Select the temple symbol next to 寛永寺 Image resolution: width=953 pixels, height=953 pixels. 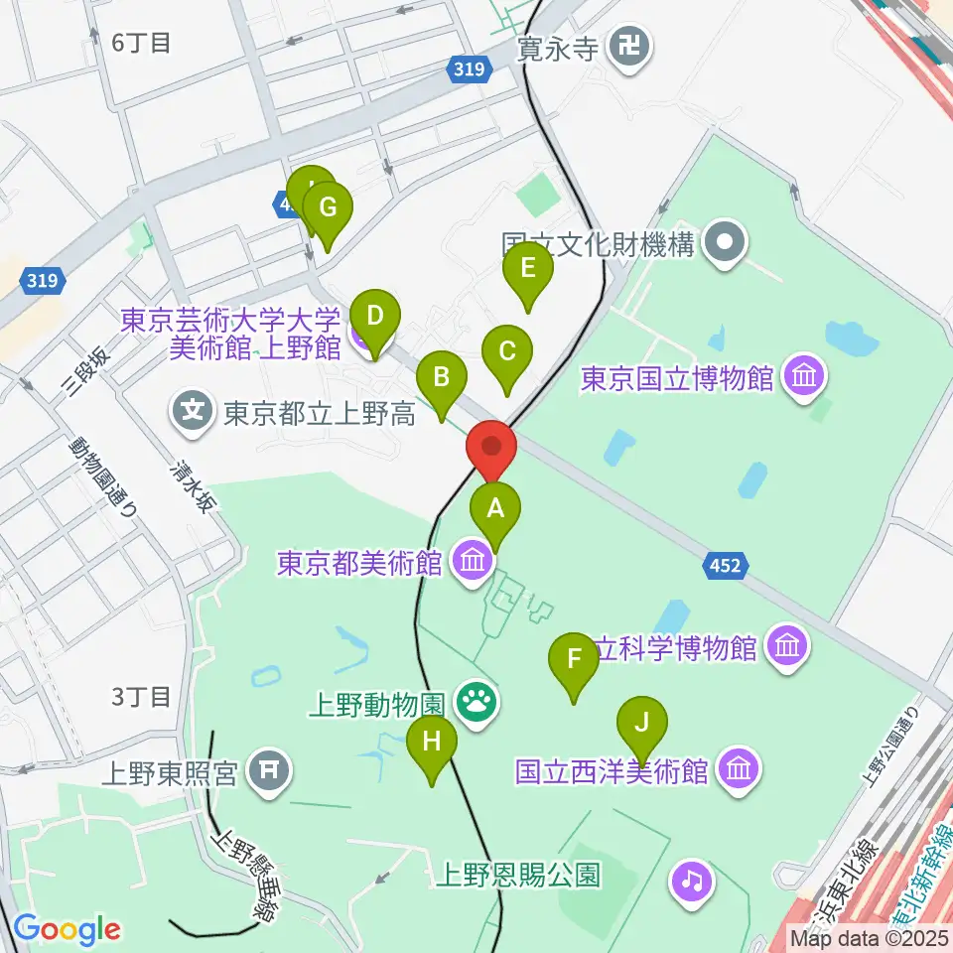(629, 45)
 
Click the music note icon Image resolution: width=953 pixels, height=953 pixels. (692, 880)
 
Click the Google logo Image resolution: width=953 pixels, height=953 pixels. (68, 929)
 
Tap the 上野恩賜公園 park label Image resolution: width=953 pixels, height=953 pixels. (519, 876)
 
